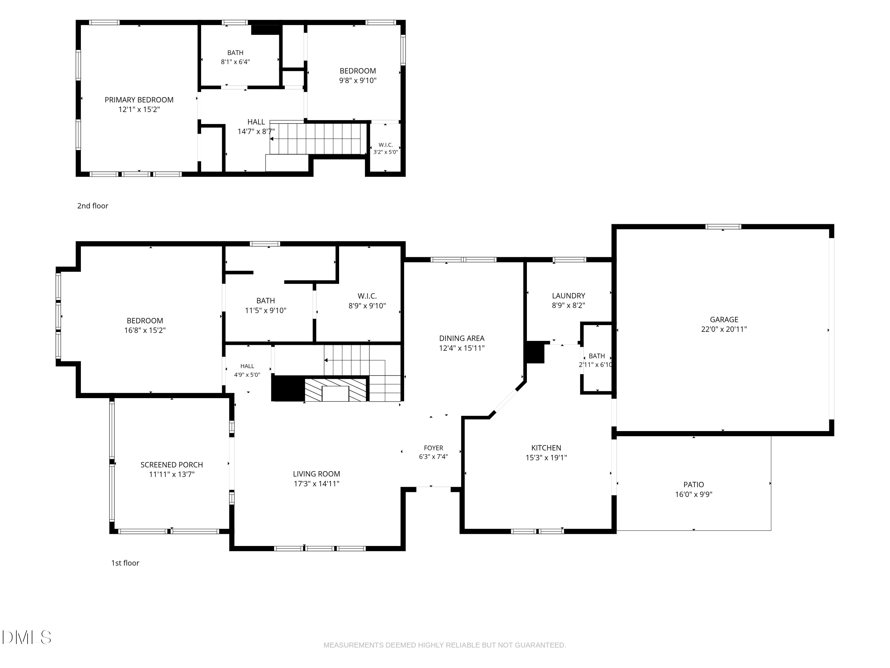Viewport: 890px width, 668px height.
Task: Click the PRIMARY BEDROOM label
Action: pyautogui.click(x=139, y=100)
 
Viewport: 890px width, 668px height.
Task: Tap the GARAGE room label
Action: pyautogui.click(x=724, y=320)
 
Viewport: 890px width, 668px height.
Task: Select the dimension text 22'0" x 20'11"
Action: pyautogui.click(x=724, y=329)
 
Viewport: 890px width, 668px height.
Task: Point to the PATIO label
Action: pyautogui.click(x=694, y=485)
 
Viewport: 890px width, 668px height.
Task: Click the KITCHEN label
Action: pyautogui.click(x=546, y=448)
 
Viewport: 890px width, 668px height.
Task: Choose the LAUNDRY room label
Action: pyautogui.click(x=568, y=295)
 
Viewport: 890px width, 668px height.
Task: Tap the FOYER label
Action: pyautogui.click(x=433, y=448)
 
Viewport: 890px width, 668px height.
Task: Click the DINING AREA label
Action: pyautogui.click(x=462, y=338)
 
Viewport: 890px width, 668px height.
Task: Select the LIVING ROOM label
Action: pyautogui.click(x=316, y=474)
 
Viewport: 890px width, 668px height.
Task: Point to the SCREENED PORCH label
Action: pyautogui.click(x=172, y=465)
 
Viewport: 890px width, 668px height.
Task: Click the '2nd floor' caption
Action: pyautogui.click(x=93, y=206)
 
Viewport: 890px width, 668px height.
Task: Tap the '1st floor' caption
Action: pyautogui.click(x=125, y=563)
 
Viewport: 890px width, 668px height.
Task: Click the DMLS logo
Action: pyautogui.click(x=27, y=637)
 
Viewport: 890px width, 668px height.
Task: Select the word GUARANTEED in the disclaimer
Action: pyautogui.click(x=540, y=645)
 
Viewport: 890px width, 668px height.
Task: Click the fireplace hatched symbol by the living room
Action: pyautogui.click(x=336, y=390)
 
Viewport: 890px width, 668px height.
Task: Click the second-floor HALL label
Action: pyautogui.click(x=256, y=122)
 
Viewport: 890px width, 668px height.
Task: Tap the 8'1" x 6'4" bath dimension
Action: pyautogui.click(x=235, y=62)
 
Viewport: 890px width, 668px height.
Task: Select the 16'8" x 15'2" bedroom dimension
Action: pyautogui.click(x=145, y=330)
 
